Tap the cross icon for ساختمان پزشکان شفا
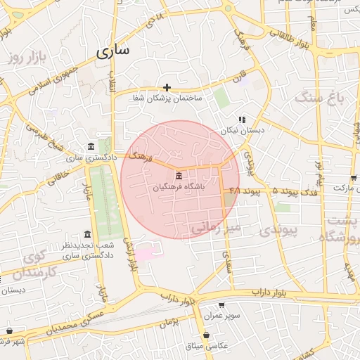(x=167, y=87)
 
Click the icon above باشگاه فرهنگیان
(x=179, y=175)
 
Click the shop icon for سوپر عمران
(x=221, y=305)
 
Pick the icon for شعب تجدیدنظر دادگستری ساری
(x=87, y=234)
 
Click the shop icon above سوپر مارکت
(x=353, y=177)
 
